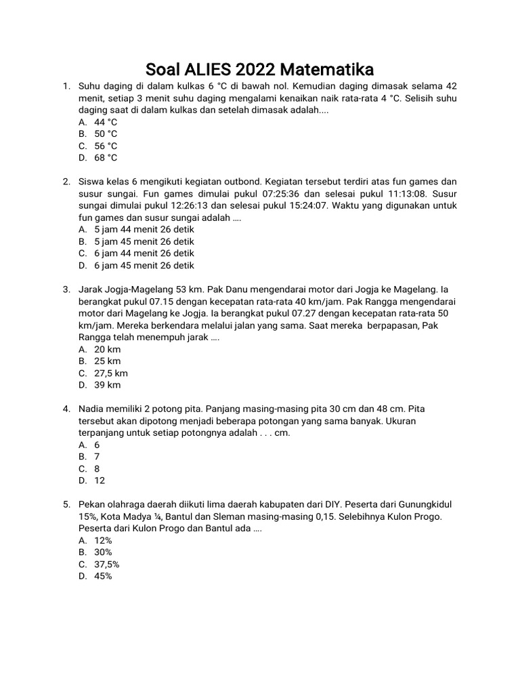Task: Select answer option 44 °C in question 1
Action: click(x=106, y=122)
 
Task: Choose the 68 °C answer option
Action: click(x=106, y=158)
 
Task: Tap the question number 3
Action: click(x=66, y=289)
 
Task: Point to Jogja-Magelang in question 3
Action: click(x=138, y=289)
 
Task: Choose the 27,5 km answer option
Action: click(x=111, y=373)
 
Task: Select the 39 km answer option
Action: click(x=108, y=385)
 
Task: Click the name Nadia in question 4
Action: click(x=92, y=409)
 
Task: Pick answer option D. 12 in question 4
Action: click(x=100, y=481)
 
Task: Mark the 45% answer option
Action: click(x=103, y=576)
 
